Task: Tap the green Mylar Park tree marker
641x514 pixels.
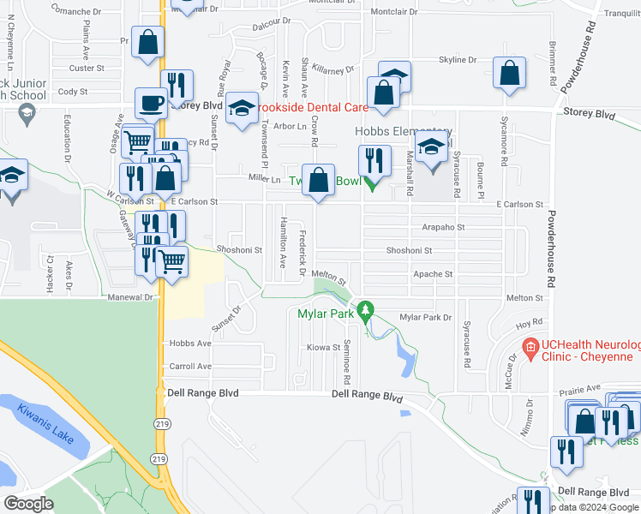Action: click(366, 309)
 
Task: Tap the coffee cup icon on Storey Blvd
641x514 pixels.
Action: click(152, 103)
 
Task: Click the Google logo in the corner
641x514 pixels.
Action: click(29, 503)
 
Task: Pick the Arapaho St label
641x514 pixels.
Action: click(443, 228)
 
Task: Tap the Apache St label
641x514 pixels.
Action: click(432, 274)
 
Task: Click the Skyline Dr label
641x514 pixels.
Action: click(458, 60)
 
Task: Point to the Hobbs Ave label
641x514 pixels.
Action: click(190, 344)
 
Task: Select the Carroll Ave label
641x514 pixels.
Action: click(191, 366)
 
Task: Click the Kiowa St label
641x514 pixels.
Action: click(324, 348)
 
